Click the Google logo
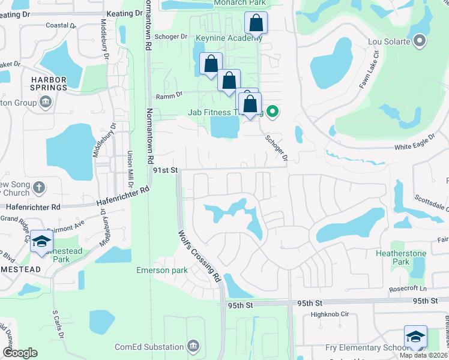coord(19,353)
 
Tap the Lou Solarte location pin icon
coord(420,41)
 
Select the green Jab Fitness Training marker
coord(273,111)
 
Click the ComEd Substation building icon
coord(193,346)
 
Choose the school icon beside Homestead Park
coord(42,241)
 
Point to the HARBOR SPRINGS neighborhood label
coord(41,83)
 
